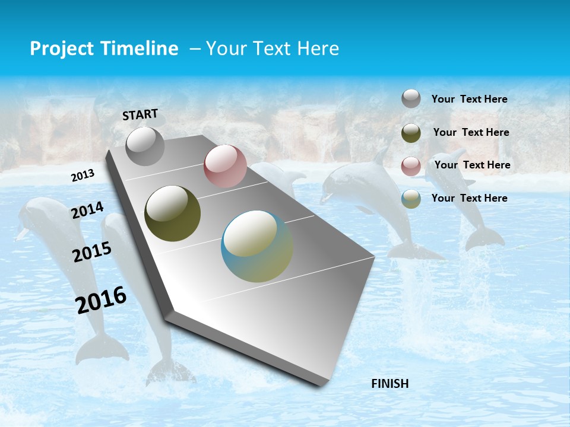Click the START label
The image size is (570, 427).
(x=140, y=114)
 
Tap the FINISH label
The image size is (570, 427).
(x=390, y=384)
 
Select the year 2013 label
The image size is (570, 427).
(x=83, y=176)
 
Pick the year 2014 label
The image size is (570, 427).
(x=87, y=211)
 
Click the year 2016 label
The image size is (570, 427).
(x=101, y=300)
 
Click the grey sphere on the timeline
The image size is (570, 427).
(x=145, y=146)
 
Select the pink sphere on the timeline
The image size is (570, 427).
(x=225, y=166)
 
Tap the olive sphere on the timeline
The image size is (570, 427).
(x=173, y=213)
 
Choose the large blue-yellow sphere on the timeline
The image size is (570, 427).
(x=257, y=246)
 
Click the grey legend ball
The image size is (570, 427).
(x=411, y=98)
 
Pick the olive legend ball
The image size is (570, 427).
(x=411, y=133)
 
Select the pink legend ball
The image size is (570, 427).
(x=411, y=166)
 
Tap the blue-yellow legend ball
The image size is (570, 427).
(x=411, y=199)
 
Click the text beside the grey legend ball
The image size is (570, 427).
(x=469, y=99)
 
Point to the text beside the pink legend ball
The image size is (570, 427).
(x=472, y=165)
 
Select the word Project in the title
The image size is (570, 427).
(x=61, y=49)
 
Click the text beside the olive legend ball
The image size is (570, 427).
(x=471, y=132)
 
